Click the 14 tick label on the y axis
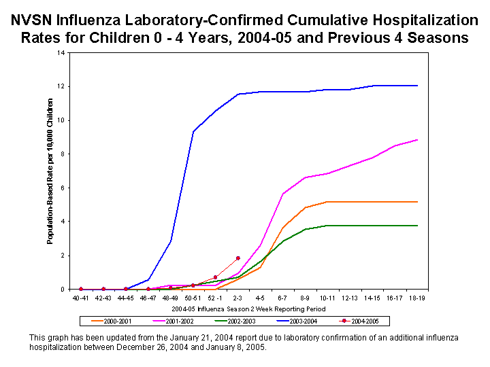(62, 53)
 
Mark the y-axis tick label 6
(63, 188)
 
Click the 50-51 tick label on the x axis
(193, 297)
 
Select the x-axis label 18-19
(417, 297)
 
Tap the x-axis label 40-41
(81, 297)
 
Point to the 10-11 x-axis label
(328, 297)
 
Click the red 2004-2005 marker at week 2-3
(238, 258)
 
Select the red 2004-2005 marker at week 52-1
(215, 277)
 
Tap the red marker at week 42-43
(103, 289)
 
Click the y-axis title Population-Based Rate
(50, 171)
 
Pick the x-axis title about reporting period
(248, 309)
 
